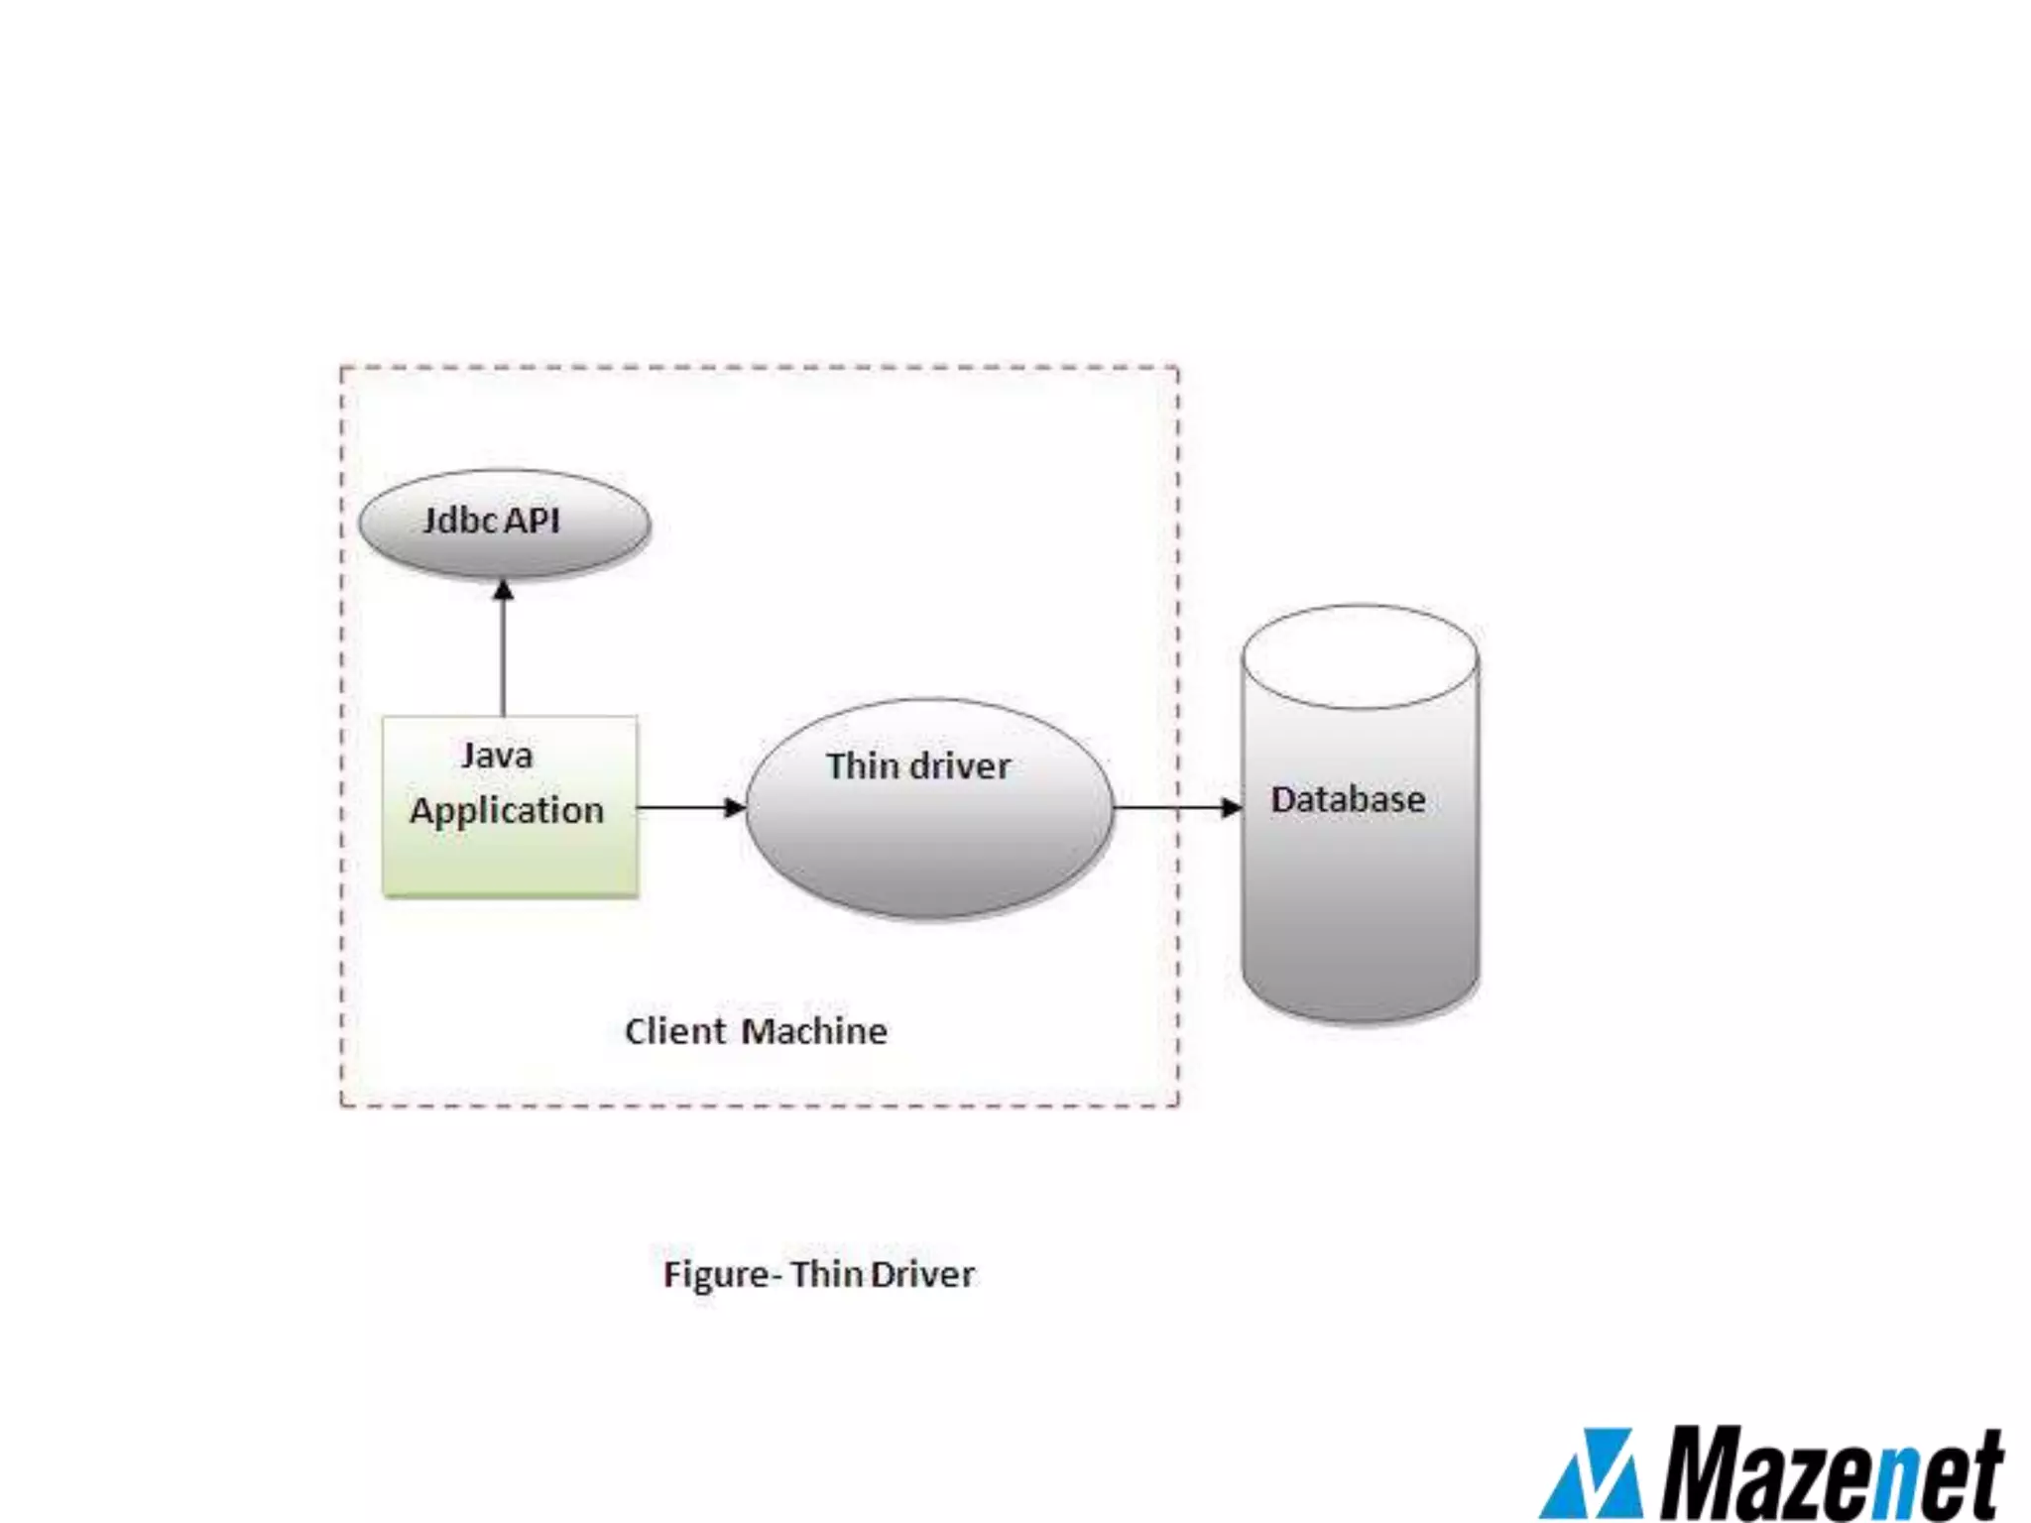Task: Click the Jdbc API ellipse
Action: tap(504, 524)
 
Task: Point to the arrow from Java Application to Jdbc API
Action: tap(504, 654)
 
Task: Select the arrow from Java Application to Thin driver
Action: tap(689, 807)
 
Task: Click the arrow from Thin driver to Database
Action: tap(1175, 807)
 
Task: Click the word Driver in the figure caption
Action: tap(922, 1274)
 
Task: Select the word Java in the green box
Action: tap(497, 756)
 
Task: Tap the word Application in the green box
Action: tap(507, 811)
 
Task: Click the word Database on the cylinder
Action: tap(1348, 799)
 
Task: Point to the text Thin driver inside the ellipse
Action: tap(918, 765)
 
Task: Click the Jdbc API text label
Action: tap(492, 520)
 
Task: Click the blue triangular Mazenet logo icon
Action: tap(1592, 1475)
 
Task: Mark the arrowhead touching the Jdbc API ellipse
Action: tap(504, 591)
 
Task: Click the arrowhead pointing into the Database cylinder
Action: tap(1232, 807)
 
